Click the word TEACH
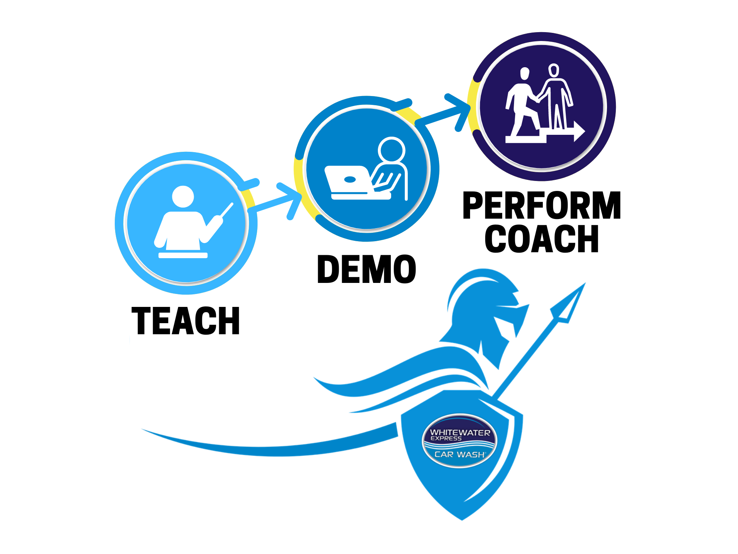pyautogui.click(x=186, y=321)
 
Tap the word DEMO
pyautogui.click(x=366, y=269)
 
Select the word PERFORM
pyautogui.click(x=542, y=206)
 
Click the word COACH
pyautogui.click(x=542, y=239)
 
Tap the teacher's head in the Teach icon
pyautogui.click(x=183, y=196)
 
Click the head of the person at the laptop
pyautogui.click(x=392, y=150)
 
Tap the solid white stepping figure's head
pyautogui.click(x=524, y=73)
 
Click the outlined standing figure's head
pyautogui.click(x=553, y=70)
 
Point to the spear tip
pyautogui.click(x=570, y=303)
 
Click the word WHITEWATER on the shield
pyautogui.click(x=460, y=432)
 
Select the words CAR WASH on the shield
pyautogui.click(x=460, y=454)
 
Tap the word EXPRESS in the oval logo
pyautogui.click(x=446, y=438)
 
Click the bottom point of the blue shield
pyautogui.click(x=462, y=518)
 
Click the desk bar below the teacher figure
pyautogui.click(x=183, y=255)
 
